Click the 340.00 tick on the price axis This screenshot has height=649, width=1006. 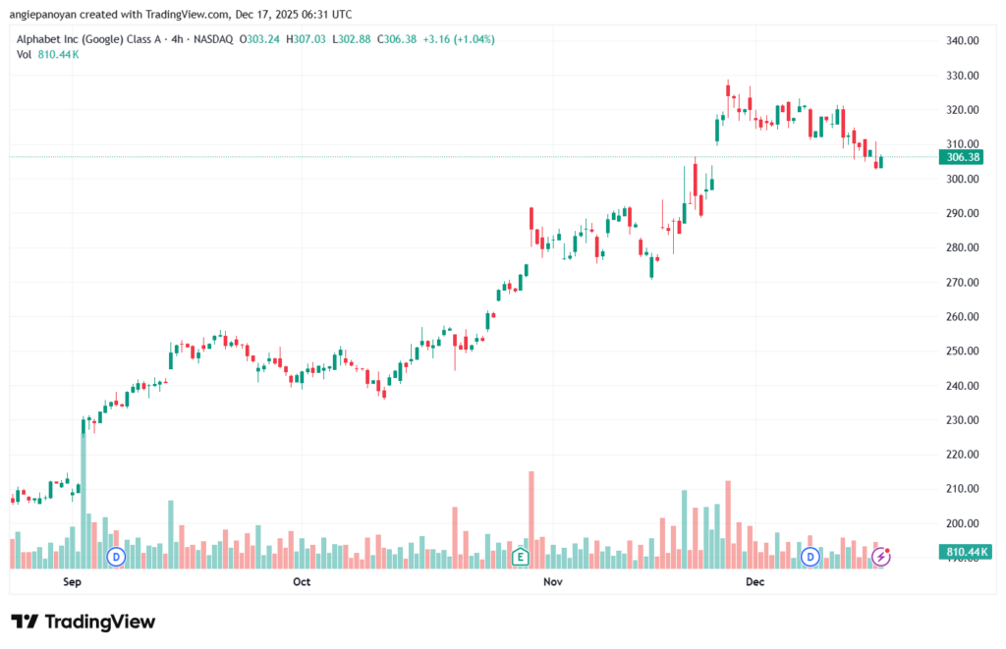(961, 40)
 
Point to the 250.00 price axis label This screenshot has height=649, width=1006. (961, 351)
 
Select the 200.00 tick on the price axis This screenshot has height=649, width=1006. (961, 523)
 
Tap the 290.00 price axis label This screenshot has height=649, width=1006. (961, 213)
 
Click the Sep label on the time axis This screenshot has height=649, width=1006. (72, 582)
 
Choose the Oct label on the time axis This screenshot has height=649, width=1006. (302, 582)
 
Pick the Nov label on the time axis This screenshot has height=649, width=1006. (552, 582)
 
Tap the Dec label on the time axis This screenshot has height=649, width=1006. (754, 582)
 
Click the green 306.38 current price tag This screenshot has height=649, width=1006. (961, 157)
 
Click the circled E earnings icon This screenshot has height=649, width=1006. (521, 557)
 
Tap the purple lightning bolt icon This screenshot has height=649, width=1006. (881, 557)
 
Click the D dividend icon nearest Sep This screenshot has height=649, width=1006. (116, 557)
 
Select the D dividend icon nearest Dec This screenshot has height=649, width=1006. (811, 557)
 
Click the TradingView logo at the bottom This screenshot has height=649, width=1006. (84, 622)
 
